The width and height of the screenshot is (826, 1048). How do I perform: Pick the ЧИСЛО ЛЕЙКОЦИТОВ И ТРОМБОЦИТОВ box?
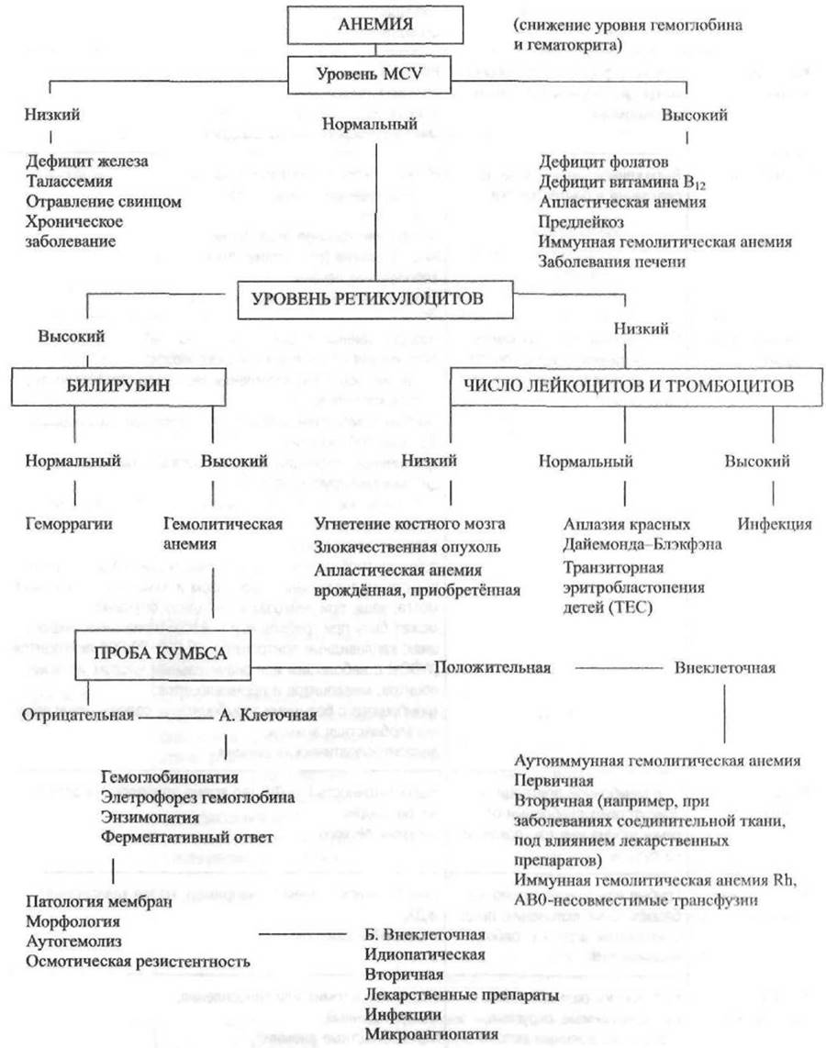coord(623,386)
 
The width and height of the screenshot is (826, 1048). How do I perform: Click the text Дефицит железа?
coord(88,162)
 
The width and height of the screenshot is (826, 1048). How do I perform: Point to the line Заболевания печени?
coord(612,262)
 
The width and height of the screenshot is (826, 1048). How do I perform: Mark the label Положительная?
coord(493,667)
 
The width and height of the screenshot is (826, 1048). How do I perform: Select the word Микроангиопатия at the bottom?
coord(419,1034)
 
